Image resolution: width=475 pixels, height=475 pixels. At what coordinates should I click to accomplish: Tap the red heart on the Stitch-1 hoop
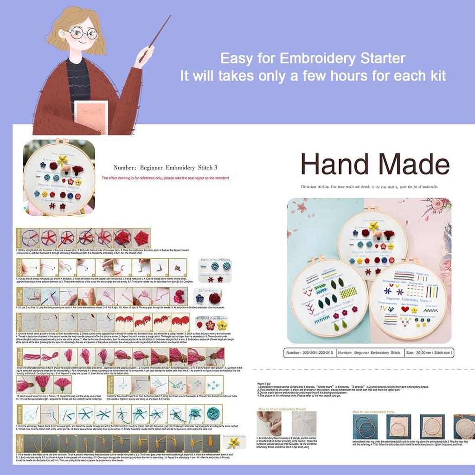pos(405,308)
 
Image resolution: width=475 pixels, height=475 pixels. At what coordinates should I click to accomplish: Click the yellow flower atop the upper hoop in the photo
pos(373,227)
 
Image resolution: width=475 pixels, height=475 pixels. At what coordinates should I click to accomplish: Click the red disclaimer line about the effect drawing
pos(165,178)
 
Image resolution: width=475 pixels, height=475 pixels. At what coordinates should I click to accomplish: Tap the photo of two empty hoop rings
pos(364,425)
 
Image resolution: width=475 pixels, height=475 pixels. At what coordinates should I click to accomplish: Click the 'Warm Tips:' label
pos(264,383)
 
